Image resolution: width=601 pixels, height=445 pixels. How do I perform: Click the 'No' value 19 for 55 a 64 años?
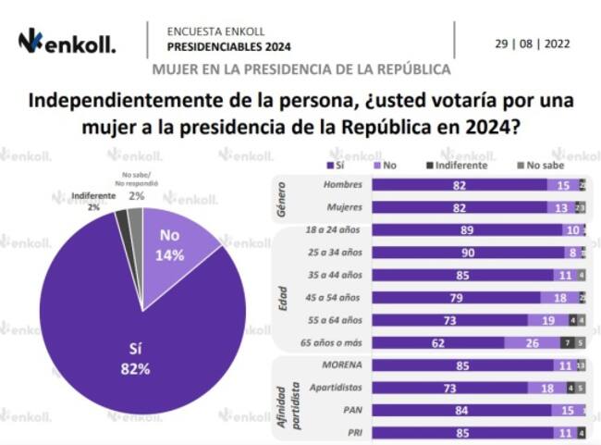pyautogui.click(x=548, y=319)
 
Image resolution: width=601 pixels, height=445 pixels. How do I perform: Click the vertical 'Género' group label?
pyautogui.click(x=283, y=197)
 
